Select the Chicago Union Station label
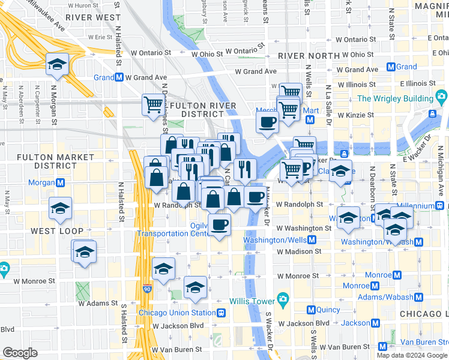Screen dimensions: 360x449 (176, 313)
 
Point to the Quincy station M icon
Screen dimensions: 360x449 (311, 310)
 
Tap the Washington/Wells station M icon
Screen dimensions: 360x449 (312, 240)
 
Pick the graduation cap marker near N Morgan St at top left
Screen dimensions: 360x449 (58, 64)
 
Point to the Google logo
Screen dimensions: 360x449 (20, 353)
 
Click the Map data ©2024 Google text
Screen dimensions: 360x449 (412, 355)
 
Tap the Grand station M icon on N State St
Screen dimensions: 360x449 (391, 67)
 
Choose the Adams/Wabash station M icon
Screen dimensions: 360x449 (418, 297)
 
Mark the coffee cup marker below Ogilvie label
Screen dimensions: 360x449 (219, 226)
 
